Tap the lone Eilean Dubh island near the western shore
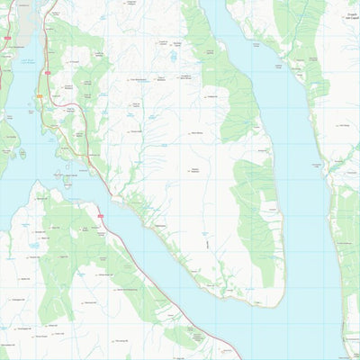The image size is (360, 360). coord(21,154)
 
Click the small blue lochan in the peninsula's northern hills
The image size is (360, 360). coord(174,56)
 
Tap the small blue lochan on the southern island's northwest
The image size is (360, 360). coord(34,244)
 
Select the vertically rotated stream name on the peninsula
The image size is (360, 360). coord(205,244)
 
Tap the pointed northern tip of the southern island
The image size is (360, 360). coord(38,185)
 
